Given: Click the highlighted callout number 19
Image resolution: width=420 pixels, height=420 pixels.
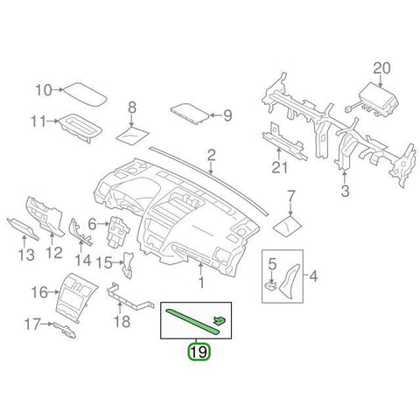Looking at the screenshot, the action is (199, 352).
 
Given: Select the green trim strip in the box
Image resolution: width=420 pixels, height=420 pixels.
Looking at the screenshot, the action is (192, 321).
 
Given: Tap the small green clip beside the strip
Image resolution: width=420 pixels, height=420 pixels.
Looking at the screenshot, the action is (220, 320).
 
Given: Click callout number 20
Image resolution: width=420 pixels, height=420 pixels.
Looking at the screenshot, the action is (381, 69).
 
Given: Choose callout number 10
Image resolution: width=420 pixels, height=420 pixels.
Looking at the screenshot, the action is (44, 90).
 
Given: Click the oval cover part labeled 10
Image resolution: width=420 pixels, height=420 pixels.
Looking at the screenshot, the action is (85, 94).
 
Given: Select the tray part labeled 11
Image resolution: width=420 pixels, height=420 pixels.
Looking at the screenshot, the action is (81, 128).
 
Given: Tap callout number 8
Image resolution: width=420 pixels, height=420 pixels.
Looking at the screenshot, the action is (132, 108).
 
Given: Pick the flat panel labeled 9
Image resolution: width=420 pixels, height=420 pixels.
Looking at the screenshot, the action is (190, 114).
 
